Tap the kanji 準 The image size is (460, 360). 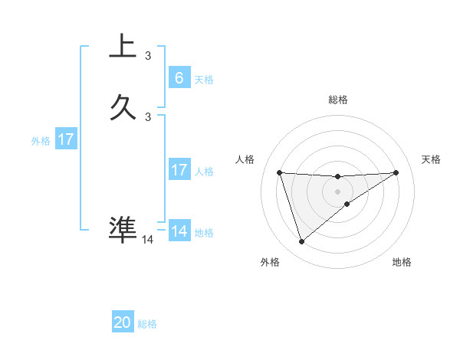tap(123, 227)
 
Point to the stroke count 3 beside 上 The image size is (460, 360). tap(148, 55)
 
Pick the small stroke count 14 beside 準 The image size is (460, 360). tap(148, 239)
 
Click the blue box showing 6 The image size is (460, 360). tap(179, 77)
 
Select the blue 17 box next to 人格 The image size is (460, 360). tap(179, 170)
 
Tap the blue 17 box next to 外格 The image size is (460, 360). tap(66, 139)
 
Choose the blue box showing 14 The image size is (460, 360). tap(179, 231)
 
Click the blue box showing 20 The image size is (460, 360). tap(123, 322)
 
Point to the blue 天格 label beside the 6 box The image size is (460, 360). tap(204, 79)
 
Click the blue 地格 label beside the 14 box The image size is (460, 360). tap(204, 233)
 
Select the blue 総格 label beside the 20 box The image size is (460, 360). tap(147, 324)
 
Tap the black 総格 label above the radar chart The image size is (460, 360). tap(337, 100)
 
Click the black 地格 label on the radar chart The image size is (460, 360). tap(402, 262)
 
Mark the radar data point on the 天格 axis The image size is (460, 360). tap(396, 172)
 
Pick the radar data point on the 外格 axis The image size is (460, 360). tap(301, 242)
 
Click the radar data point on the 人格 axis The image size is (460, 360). tap(279, 172)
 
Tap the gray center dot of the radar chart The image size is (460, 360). tap(337, 191)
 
